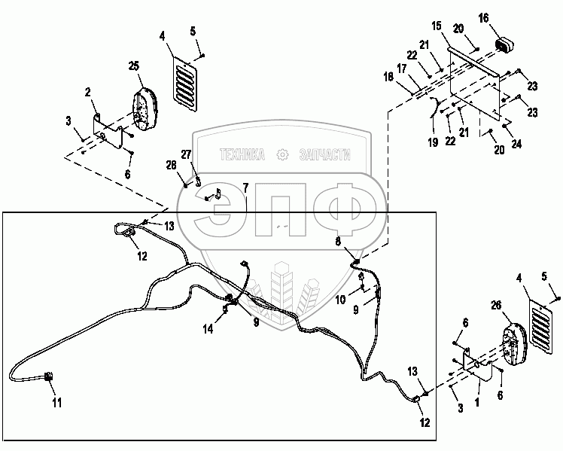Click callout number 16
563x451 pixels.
(x=483, y=17)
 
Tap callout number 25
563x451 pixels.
(x=134, y=67)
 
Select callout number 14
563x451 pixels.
(x=207, y=328)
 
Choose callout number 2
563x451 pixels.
(x=88, y=92)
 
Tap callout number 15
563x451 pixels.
(x=437, y=26)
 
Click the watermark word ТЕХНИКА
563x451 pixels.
(x=242, y=154)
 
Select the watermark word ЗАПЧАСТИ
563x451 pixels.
(x=326, y=154)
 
